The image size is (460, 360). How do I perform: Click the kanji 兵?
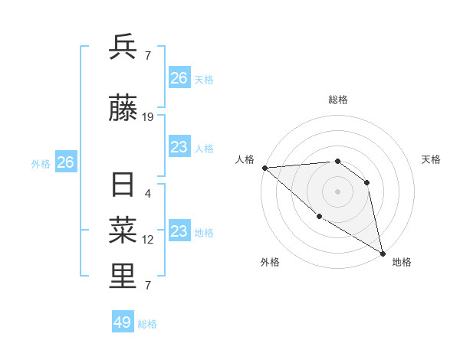(123, 47)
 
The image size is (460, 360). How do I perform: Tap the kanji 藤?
(123, 109)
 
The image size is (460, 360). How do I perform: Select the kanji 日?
(123, 186)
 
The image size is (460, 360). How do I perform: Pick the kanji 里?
(123, 277)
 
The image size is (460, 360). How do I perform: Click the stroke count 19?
(148, 117)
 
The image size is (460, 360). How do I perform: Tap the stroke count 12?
(148, 240)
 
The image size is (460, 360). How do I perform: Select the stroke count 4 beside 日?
(148, 194)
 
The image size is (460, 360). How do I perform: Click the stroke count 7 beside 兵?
(148, 55)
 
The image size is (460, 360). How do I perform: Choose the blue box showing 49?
(123, 322)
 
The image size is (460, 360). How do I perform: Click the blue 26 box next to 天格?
(179, 78)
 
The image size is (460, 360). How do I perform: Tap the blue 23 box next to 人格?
(179, 147)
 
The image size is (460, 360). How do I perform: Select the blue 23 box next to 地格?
(179, 231)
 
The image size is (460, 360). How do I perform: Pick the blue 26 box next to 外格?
(66, 162)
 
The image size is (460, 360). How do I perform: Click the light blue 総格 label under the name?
(147, 324)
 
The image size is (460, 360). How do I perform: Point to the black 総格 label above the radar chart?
(337, 100)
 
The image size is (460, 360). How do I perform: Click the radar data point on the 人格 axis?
(264, 168)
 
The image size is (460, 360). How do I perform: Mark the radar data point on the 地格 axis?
(383, 253)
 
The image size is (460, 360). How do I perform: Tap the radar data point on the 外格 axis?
(319, 217)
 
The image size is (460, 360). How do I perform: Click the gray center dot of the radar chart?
(337, 191)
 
